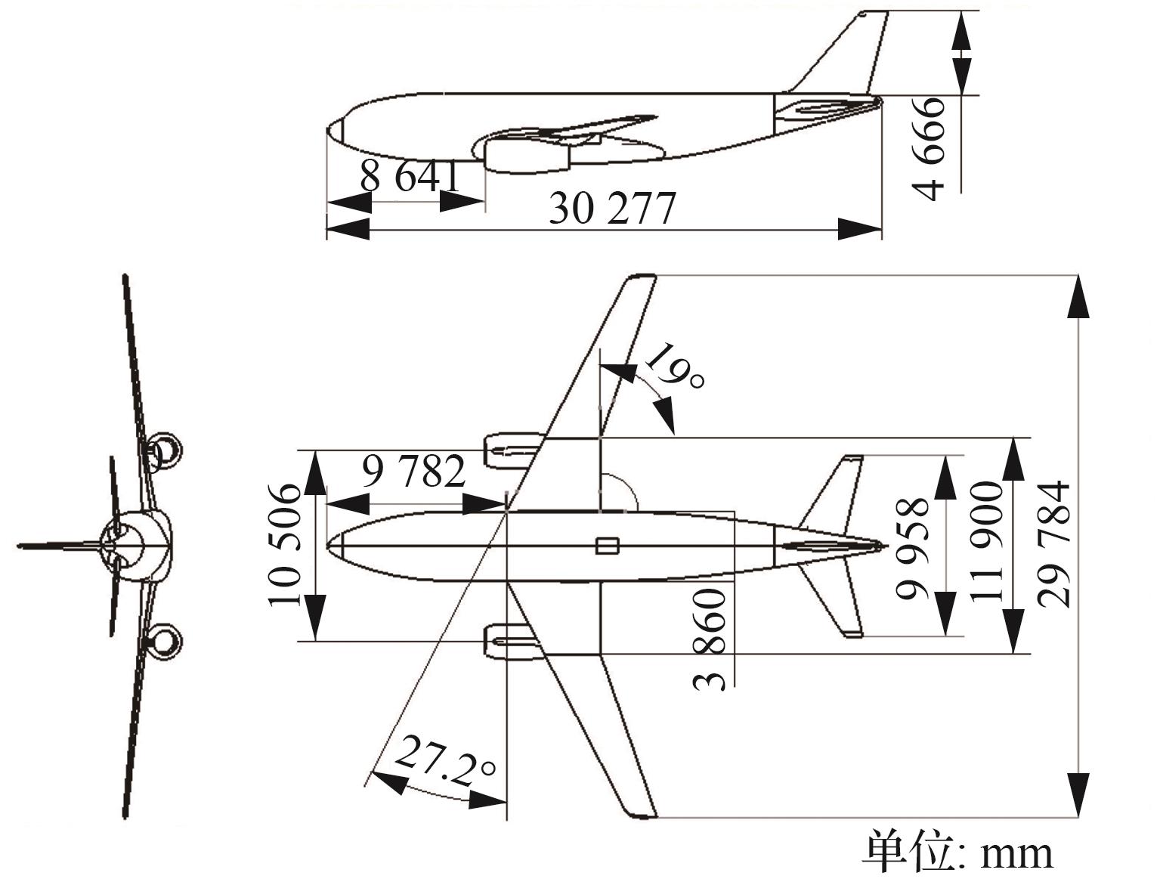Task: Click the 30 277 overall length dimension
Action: pyautogui.click(x=611, y=209)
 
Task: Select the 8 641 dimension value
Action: pyautogui.click(x=409, y=177)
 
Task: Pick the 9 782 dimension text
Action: pyautogui.click(x=413, y=472)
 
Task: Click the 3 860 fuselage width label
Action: pyautogui.click(x=710, y=639)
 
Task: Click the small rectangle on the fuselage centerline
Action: pyautogui.click(x=607, y=545)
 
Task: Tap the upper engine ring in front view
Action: pyautogui.click(x=163, y=451)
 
